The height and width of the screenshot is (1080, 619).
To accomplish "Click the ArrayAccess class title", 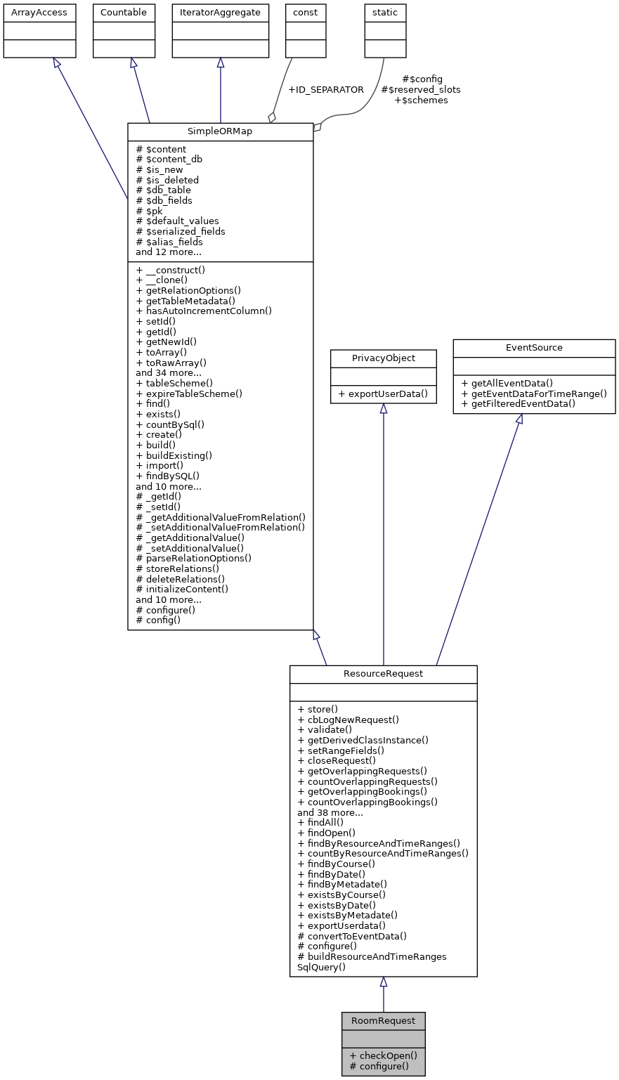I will (39, 13).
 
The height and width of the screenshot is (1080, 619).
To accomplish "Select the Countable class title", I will (124, 13).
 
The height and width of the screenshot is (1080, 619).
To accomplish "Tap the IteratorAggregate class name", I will (220, 13).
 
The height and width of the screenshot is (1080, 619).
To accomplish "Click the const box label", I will (306, 13).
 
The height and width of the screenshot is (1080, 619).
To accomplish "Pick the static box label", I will (385, 13).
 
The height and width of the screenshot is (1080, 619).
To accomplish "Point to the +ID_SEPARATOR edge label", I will (325, 90).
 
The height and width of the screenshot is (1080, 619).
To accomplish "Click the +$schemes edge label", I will (421, 100).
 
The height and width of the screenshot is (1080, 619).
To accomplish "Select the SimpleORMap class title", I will (220, 132).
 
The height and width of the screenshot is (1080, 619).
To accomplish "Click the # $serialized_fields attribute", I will (181, 231).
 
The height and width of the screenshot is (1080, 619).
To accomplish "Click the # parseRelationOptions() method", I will (193, 558).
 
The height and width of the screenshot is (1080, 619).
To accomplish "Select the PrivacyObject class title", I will (383, 358).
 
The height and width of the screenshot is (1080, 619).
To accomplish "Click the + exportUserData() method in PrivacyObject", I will (383, 393).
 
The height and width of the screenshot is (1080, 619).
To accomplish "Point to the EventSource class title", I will (534, 348).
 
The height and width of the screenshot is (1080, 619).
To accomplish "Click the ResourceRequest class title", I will (383, 674).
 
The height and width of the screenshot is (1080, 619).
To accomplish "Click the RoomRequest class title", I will (383, 1021).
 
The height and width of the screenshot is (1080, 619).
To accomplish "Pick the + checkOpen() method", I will (383, 1055).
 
